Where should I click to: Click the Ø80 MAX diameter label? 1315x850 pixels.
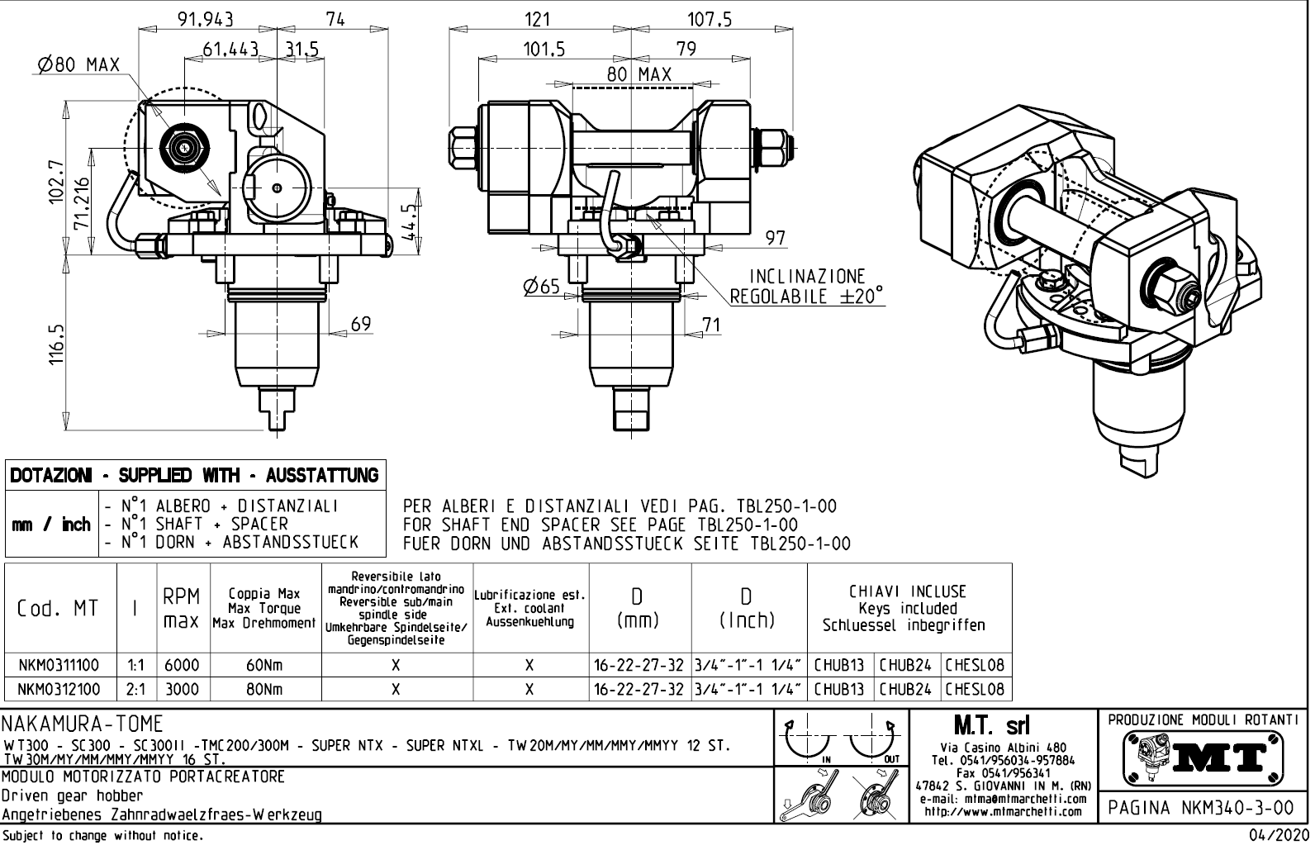79,64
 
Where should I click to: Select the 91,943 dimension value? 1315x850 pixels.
207,19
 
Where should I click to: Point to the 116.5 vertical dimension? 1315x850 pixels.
56,344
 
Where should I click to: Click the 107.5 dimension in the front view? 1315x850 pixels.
710,19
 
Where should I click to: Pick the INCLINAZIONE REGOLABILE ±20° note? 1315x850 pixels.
806,286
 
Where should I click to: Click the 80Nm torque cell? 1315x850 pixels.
264,689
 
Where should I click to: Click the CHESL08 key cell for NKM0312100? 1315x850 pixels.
975,689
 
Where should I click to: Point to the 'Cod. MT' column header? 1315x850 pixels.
58,609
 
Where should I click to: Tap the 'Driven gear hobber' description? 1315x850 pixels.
72,796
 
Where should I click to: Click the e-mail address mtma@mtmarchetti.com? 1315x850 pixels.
1004,799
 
